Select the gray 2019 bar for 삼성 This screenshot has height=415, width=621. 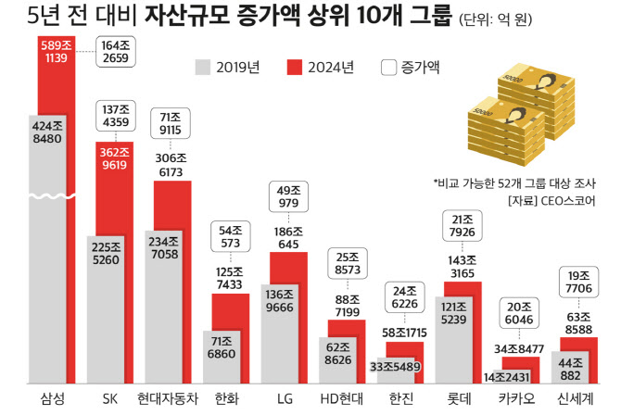46,278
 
